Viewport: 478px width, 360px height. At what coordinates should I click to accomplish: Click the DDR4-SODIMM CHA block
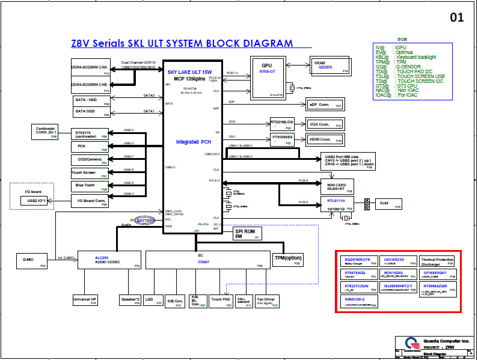point(90,69)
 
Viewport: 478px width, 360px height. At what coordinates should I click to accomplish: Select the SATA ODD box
point(90,111)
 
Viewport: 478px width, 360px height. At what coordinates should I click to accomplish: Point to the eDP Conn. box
point(322,105)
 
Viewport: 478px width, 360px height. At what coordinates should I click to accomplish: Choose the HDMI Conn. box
point(322,139)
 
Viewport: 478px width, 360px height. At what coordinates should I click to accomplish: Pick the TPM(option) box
point(287,258)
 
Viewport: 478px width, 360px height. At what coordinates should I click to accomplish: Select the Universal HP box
point(85,301)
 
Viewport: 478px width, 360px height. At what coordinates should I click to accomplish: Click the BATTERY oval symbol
point(144,221)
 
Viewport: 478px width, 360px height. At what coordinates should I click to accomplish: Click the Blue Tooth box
point(90,186)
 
